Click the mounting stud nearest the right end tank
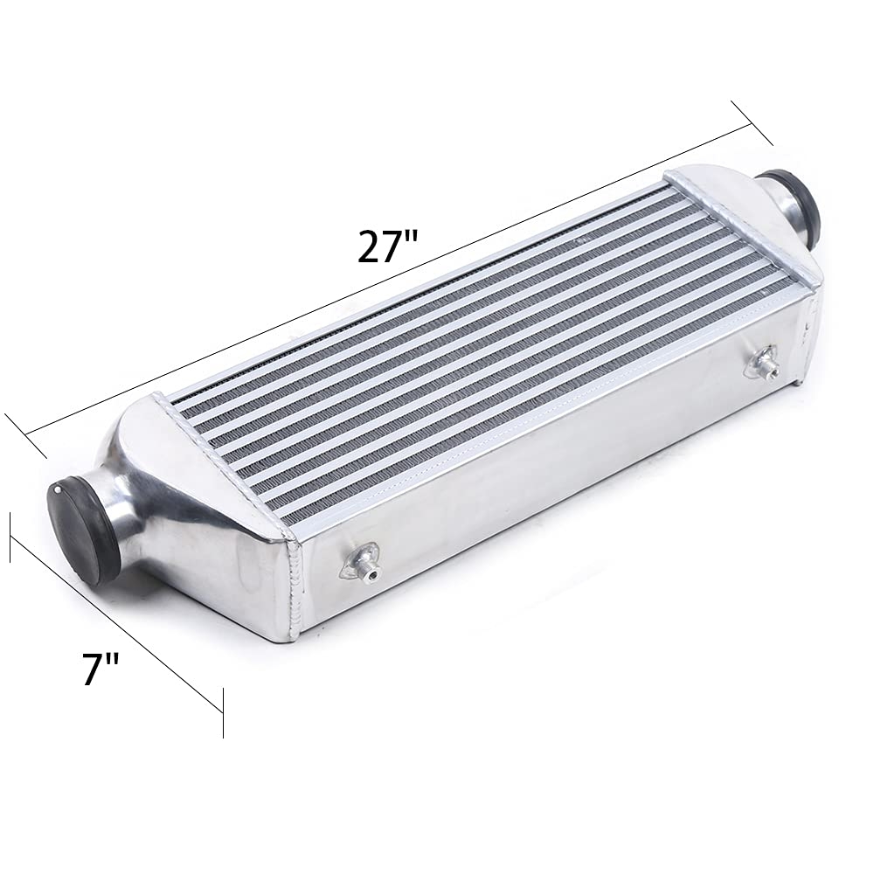tap(762, 363)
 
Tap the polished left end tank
tap(201, 507)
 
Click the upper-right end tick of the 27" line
tap(752, 123)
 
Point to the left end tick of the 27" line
tap(26, 436)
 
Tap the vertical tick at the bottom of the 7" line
tap(223, 712)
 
